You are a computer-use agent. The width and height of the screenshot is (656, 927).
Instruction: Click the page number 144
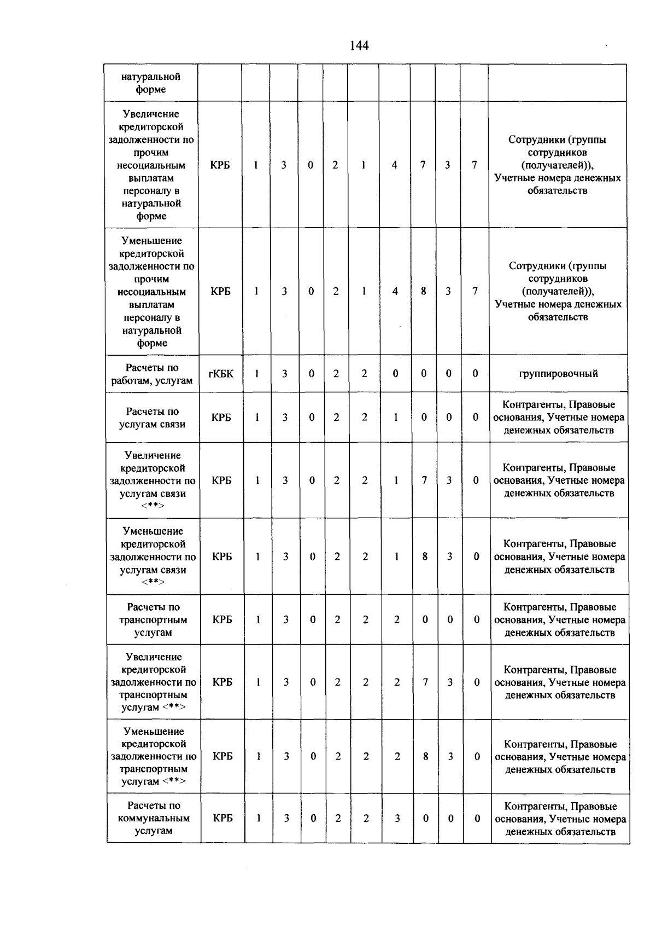(x=359, y=46)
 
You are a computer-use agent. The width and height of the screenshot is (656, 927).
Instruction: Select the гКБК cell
(x=221, y=374)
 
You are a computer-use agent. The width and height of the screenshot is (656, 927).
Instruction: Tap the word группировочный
(x=558, y=374)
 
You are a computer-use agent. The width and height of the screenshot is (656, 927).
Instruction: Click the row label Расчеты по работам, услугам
(x=152, y=374)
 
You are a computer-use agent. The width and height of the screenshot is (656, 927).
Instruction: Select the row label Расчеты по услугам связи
(x=153, y=418)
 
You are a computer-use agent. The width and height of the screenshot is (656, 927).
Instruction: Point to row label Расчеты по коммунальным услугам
(x=154, y=818)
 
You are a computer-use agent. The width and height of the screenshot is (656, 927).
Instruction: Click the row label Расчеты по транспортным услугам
(x=153, y=619)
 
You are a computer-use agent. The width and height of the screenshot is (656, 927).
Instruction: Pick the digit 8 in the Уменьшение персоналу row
(x=423, y=292)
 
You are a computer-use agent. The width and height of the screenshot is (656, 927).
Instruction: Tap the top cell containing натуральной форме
(x=151, y=83)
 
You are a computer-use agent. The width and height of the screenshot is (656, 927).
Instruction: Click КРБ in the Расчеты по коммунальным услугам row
(x=222, y=818)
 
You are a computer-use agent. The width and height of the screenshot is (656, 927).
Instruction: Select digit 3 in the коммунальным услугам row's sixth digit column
(x=397, y=818)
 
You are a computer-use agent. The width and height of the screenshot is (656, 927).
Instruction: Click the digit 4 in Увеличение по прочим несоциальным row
(x=394, y=165)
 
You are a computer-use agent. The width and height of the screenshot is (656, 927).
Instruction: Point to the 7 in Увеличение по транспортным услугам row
(x=425, y=682)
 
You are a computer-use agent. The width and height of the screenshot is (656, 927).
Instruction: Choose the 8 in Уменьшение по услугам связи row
(x=425, y=557)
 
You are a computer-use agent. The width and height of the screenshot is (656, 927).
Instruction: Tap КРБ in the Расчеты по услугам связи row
(x=221, y=418)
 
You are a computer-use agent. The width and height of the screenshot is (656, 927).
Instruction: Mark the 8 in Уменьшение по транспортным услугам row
(x=425, y=757)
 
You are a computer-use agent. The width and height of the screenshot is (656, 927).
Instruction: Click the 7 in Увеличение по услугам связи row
(x=424, y=480)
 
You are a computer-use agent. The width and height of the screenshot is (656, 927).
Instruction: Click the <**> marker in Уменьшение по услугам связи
(x=153, y=582)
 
